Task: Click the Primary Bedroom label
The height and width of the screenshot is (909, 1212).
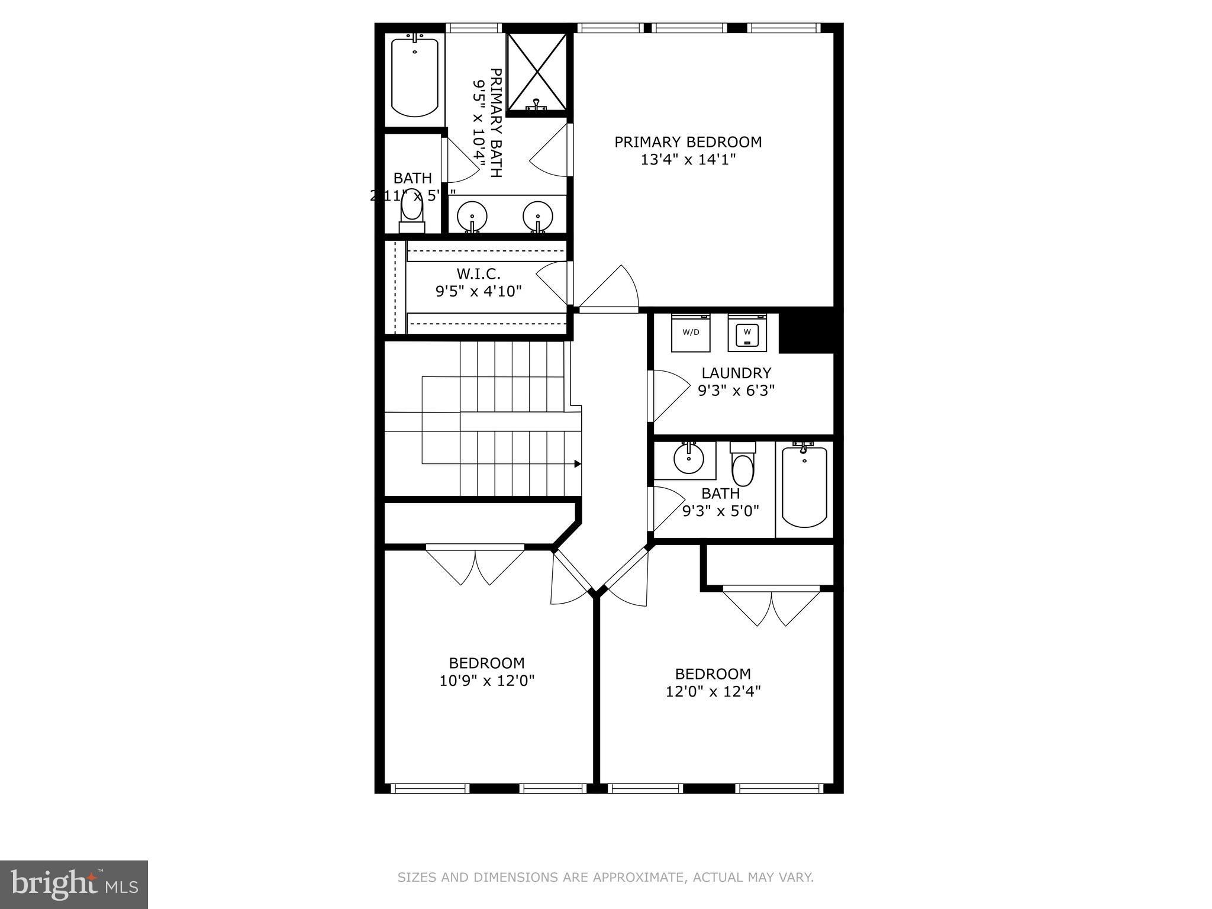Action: tap(688, 142)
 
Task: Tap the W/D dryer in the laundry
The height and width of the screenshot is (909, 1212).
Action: tap(691, 333)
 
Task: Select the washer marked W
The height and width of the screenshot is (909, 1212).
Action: tap(747, 333)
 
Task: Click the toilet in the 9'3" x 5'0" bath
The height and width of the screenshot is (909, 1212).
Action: tap(743, 465)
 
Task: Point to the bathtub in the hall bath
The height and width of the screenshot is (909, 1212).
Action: tap(804, 487)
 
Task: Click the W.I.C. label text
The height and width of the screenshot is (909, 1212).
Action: tap(478, 274)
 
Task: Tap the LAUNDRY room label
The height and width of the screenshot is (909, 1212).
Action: tap(736, 373)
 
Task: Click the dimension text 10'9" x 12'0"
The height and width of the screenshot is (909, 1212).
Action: tap(486, 681)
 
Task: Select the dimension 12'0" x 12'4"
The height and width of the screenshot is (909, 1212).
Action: tap(713, 691)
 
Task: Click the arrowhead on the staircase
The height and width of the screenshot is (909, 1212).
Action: tap(578, 464)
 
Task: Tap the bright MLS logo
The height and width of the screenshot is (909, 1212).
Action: tap(73, 884)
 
